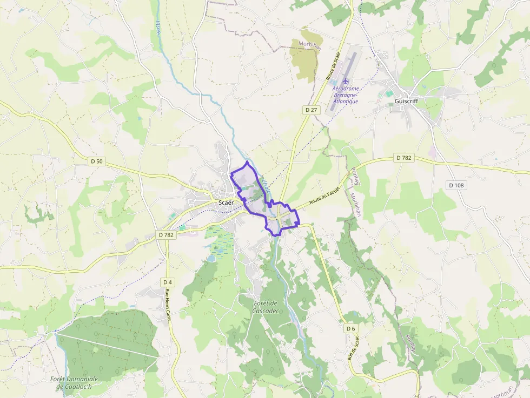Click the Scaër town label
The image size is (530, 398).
click(227, 203)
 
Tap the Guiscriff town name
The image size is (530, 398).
click(406, 101)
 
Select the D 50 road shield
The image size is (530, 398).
click(96, 161)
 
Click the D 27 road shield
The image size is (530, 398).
click(311, 110)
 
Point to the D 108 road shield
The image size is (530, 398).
click(456, 185)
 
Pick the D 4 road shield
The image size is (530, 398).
click(167, 282)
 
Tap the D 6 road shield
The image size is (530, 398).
click(350, 328)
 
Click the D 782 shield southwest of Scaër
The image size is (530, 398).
click(167, 235)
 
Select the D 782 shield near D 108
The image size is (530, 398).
click(404, 158)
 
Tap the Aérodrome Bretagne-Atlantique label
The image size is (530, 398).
click(346, 95)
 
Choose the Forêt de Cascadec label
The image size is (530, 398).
click(266, 307)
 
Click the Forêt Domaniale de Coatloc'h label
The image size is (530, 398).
click(74, 383)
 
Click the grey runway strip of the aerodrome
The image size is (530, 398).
click(352, 62)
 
